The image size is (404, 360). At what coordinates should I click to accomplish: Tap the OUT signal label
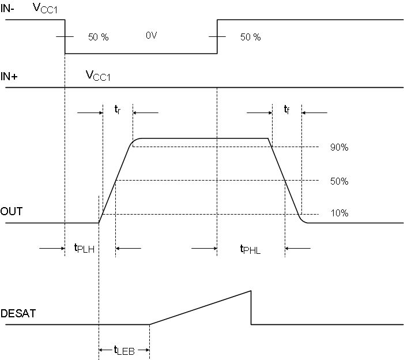pos(12,212)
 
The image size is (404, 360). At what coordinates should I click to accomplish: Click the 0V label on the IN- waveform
pos(151,36)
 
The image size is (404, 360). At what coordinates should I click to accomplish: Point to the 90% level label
pos(339,148)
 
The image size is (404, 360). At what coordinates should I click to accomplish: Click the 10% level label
pos(339,213)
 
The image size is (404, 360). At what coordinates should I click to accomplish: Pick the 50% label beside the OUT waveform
pos(339,181)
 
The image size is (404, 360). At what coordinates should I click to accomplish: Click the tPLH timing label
pos(84,248)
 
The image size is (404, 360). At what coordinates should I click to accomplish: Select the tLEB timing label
pos(124,350)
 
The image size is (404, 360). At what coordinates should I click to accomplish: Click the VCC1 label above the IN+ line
pos(98,76)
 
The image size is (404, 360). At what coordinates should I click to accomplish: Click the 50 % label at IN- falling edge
pos(98,37)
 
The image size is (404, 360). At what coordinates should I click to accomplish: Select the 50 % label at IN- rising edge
pos(250,37)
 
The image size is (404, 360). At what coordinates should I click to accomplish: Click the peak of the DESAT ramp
pos(251,291)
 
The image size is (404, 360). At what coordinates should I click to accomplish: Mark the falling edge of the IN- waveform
pos(65,37)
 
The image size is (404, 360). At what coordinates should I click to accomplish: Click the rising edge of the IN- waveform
pos(217,37)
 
